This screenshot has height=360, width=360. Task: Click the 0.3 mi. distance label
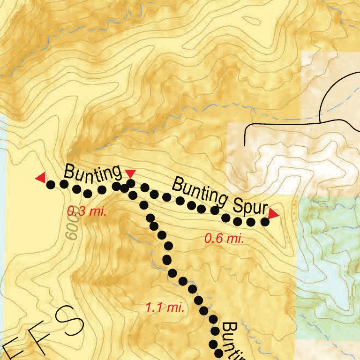87,211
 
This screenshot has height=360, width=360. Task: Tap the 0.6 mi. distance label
224,239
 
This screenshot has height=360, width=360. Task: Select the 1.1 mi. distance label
164,308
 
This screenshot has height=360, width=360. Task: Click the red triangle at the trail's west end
41,178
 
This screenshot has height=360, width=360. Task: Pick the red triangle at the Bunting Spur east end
273,214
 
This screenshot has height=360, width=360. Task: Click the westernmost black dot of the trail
50,185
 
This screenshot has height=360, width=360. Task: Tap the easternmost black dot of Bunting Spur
265,222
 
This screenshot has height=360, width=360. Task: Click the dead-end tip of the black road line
246,144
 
